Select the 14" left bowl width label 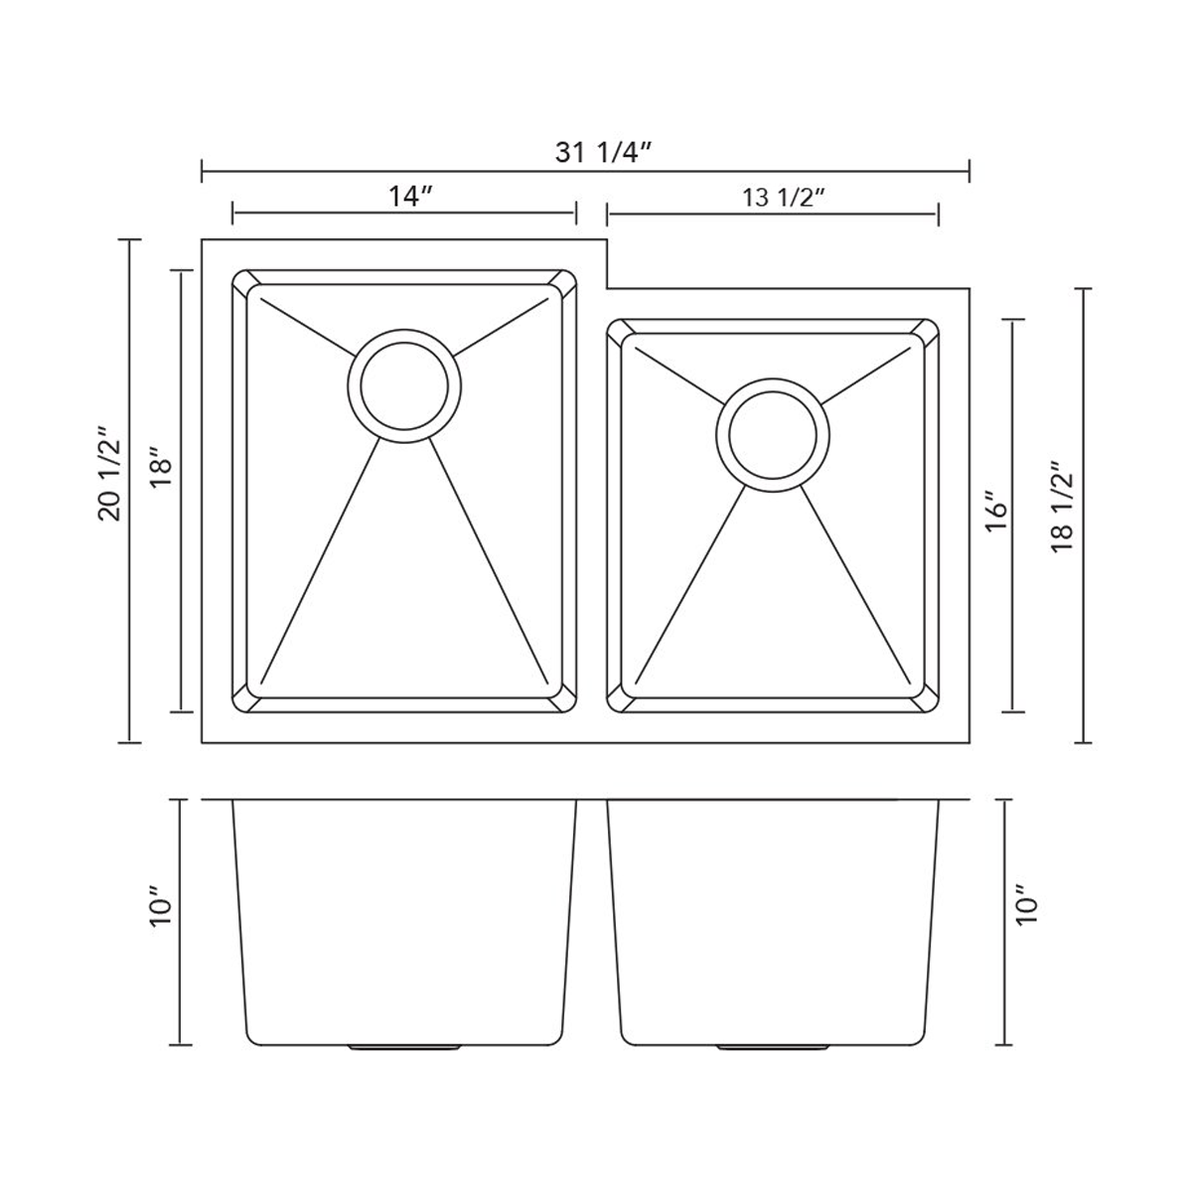pos(407,197)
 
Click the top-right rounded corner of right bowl pos(928,331)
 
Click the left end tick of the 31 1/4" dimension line pos(203,171)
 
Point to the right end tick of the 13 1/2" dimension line pos(938,214)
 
